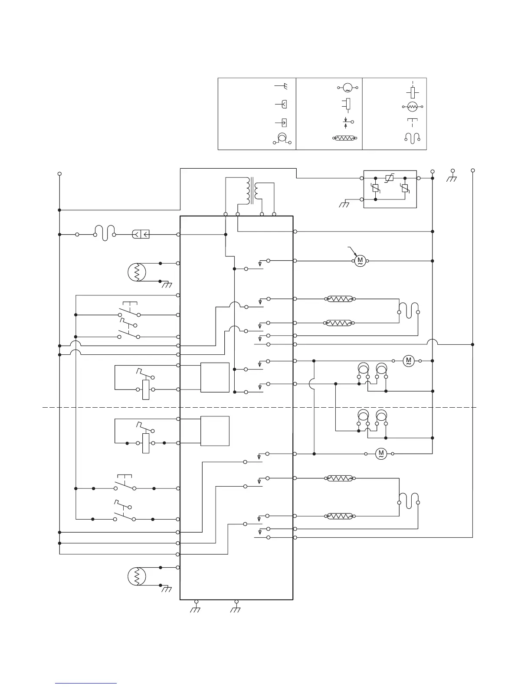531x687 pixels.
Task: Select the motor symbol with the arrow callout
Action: (360, 261)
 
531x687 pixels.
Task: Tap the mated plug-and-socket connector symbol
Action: (141, 235)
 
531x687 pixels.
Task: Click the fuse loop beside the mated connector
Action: (104, 233)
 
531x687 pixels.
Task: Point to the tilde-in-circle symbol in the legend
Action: (347, 88)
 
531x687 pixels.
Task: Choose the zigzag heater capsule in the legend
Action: (345, 138)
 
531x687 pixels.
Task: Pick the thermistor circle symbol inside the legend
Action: (413, 106)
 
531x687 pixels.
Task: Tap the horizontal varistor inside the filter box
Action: (390, 178)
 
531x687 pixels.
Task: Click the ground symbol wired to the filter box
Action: (344, 204)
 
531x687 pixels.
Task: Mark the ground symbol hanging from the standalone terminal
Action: (452, 178)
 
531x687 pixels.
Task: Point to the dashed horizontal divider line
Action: (260, 407)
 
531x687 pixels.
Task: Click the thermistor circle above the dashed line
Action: (137, 272)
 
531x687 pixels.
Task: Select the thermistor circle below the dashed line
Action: (137, 576)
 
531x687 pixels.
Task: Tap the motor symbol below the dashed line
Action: (381, 454)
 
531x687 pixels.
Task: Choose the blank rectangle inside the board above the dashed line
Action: (215, 377)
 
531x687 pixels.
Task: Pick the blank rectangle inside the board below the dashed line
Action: (215, 431)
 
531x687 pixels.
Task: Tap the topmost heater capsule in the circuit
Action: (340, 299)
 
